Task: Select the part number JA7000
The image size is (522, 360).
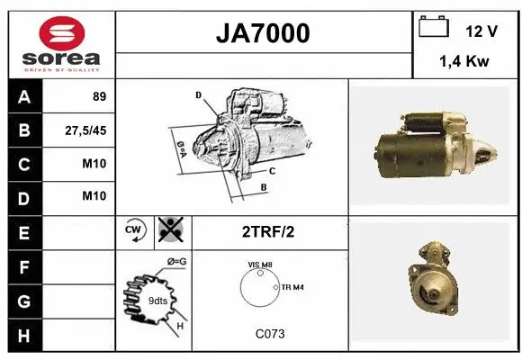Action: (x=263, y=33)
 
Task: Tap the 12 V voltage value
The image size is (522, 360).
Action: (x=481, y=31)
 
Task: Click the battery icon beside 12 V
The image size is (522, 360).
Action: (x=434, y=28)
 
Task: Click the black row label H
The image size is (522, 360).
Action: (x=24, y=335)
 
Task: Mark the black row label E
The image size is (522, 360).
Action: (x=24, y=232)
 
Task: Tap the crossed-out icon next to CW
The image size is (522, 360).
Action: (x=168, y=231)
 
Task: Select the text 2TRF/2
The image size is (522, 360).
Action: (x=269, y=232)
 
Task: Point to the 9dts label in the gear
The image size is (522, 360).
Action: (x=157, y=300)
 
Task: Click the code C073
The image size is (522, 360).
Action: (x=269, y=334)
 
